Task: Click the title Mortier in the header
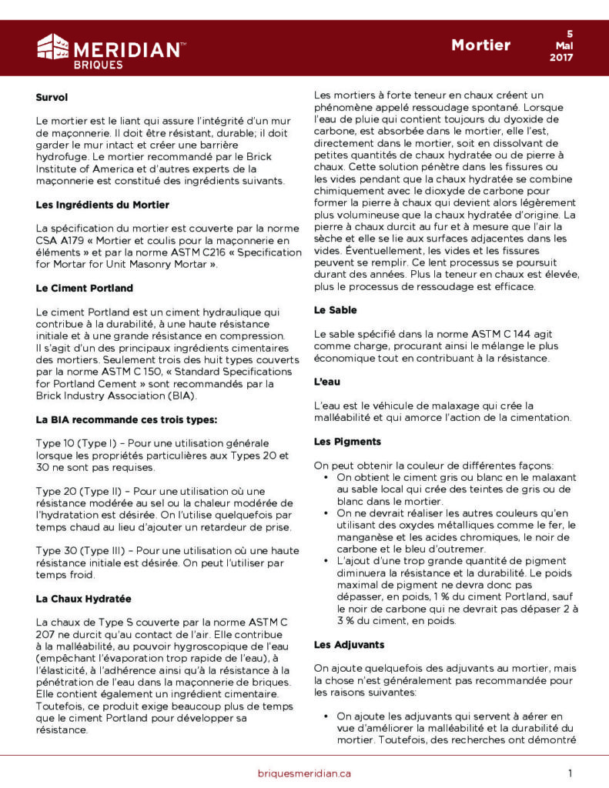click(480, 45)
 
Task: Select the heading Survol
click(52, 98)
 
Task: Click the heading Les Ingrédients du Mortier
click(102, 205)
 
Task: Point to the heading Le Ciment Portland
click(85, 288)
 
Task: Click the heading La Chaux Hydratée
click(83, 598)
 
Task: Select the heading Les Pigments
click(343, 442)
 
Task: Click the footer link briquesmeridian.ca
click(304, 773)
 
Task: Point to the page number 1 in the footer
click(571, 773)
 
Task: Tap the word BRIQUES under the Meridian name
click(98, 65)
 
